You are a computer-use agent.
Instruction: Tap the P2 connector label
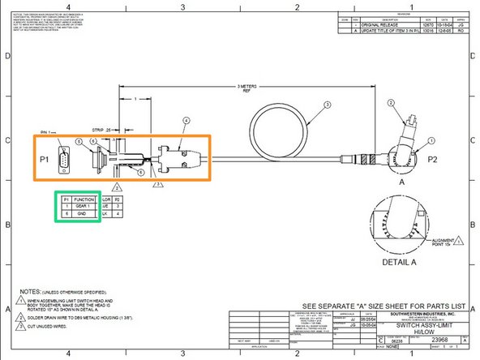(434, 161)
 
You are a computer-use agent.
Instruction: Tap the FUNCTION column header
(84, 199)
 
